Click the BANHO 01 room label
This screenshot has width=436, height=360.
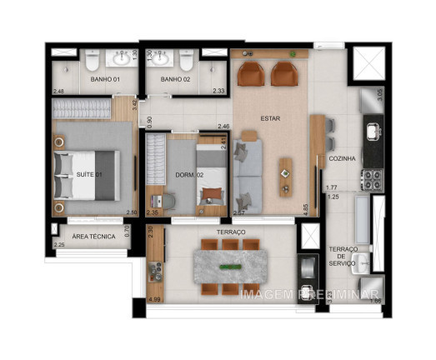[x=104, y=79]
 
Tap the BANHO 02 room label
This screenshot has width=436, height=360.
[x=175, y=79]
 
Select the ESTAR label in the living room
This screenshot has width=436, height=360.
[x=269, y=118]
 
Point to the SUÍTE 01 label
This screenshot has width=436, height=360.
[x=89, y=175]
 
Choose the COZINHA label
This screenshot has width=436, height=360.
[x=343, y=157]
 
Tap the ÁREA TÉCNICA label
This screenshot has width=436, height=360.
[x=93, y=237]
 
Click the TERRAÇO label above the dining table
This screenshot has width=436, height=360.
[x=230, y=232]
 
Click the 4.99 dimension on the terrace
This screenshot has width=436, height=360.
[x=154, y=298]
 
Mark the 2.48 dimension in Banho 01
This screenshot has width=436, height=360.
[x=58, y=91]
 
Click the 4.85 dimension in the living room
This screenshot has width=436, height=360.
[x=306, y=210]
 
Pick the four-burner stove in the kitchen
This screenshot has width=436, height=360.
[x=370, y=178]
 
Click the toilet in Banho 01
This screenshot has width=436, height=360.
[x=93, y=58]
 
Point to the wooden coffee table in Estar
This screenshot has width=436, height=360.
[x=286, y=177]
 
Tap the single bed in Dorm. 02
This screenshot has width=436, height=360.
[x=212, y=176]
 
